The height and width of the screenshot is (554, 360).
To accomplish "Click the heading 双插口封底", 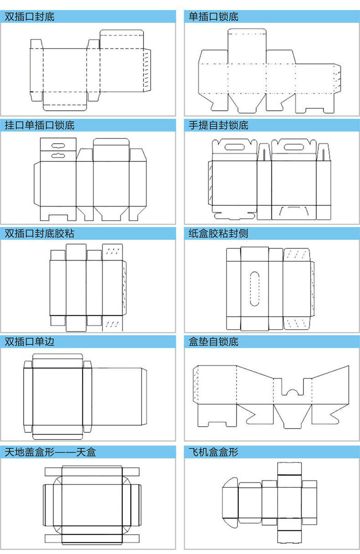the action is coord(30,17).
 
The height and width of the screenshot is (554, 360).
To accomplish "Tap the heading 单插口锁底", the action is coord(214,17).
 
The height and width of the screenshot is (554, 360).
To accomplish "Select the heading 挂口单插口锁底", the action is coord(40,125).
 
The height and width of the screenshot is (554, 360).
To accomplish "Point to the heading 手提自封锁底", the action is coord(219,125).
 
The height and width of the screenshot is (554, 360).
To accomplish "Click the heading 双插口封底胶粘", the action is coord(40,233).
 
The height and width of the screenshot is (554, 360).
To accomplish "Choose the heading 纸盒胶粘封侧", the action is coord(219,233).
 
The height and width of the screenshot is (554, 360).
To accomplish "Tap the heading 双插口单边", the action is coord(30,341).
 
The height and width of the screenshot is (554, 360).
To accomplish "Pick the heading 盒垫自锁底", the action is coord(214,341).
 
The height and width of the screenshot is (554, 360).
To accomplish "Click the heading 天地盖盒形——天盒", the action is coord(50,452).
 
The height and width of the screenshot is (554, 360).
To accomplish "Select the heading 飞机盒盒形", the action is coord(214,452).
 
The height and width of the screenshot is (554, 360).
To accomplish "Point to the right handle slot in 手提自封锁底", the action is coord(294,148).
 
